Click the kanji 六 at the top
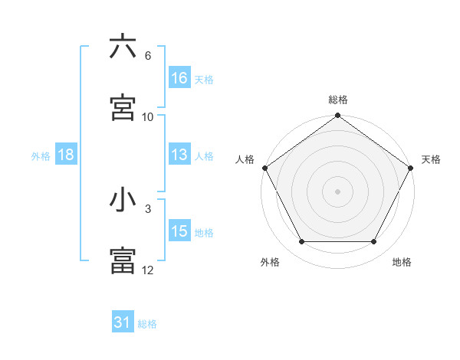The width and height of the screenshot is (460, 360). [123, 47]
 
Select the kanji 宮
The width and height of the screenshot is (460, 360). [123, 107]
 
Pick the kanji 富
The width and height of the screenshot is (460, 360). [123, 260]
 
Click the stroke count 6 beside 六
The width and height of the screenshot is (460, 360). [148, 56]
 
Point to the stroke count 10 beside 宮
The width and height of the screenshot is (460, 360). [148, 117]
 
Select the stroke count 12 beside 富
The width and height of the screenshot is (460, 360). [148, 270]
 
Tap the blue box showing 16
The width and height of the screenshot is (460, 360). [179, 78]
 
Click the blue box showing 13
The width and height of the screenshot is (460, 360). [179, 155]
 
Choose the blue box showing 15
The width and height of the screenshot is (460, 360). [179, 231]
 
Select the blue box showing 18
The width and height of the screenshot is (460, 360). [66, 155]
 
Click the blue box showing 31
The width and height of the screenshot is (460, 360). [123, 323]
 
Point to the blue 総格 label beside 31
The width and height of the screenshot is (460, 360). [147, 324]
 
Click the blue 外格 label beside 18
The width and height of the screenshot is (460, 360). [41, 155]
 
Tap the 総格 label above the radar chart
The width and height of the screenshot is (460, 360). [338, 100]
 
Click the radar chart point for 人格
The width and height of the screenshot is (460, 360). [264, 168]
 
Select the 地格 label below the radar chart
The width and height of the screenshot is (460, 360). [402, 263]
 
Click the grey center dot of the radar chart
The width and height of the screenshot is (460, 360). [338, 191]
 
